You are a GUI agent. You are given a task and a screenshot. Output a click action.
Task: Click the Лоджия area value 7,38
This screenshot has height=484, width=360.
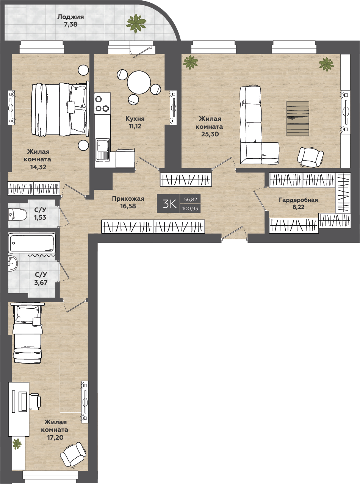click(70, 24)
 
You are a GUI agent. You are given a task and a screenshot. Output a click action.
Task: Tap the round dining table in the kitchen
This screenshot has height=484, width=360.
click(139, 83)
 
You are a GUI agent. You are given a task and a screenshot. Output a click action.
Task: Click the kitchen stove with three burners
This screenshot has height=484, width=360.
click(102, 104)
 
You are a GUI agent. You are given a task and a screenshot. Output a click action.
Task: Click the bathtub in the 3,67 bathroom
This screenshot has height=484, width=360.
click(32, 242)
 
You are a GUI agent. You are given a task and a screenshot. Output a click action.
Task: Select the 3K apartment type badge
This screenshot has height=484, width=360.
click(168, 204)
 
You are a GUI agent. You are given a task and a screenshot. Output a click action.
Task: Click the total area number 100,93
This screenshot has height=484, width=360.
click(190, 209)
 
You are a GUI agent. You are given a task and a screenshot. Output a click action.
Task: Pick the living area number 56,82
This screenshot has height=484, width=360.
click(191, 199)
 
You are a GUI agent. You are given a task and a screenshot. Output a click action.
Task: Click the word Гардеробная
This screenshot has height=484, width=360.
click(298, 200)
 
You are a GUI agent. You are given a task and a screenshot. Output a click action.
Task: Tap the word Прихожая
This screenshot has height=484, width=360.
click(128, 199)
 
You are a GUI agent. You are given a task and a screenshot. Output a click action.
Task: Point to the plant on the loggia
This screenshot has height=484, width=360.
click(136, 23)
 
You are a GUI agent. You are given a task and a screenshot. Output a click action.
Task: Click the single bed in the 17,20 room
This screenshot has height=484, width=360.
click(27, 333)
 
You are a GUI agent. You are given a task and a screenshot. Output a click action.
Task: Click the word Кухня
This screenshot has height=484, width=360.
click(135, 119)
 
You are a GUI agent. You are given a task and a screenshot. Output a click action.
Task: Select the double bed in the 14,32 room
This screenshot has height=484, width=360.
click(60, 109)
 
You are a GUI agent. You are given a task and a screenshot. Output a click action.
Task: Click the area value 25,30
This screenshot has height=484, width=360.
click(210, 134)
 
